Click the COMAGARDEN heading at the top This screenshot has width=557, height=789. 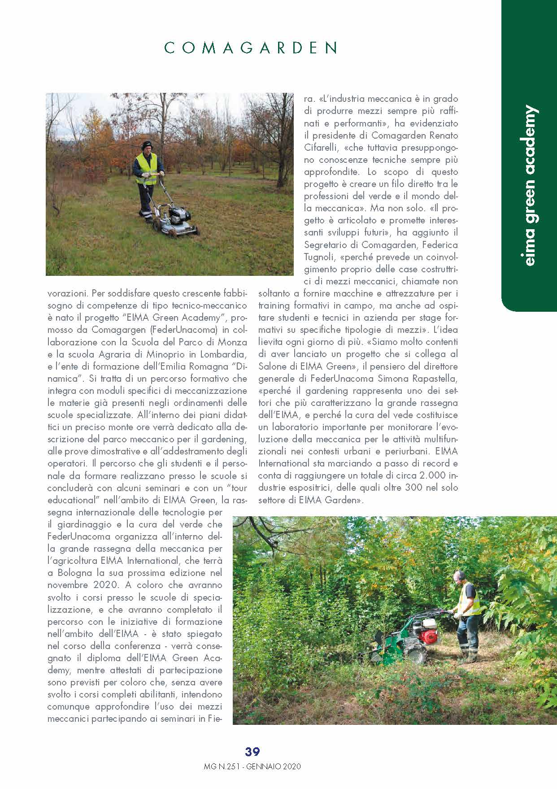251,48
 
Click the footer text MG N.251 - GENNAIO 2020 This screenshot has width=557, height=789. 252,767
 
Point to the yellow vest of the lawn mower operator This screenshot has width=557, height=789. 147,168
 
